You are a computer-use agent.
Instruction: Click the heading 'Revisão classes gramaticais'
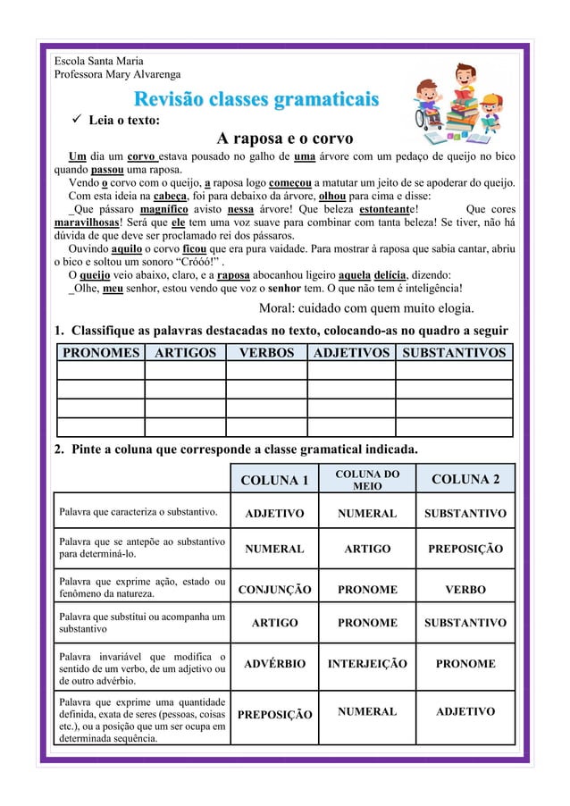[x=256, y=98]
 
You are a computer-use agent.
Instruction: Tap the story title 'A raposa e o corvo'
[x=285, y=139]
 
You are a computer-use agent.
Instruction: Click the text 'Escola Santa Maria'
[x=98, y=60]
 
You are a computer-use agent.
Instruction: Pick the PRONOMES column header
[x=100, y=352]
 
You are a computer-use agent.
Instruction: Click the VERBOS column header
[x=266, y=352]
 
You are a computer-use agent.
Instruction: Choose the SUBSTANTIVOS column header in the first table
[x=454, y=352]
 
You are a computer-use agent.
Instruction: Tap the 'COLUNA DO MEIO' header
[x=367, y=479]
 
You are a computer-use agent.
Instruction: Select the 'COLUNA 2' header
[x=465, y=480]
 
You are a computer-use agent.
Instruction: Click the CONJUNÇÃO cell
[x=274, y=590]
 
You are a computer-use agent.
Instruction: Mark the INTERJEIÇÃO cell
[x=367, y=664]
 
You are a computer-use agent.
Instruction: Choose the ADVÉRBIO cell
[x=274, y=664]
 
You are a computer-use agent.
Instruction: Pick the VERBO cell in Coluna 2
[x=465, y=590]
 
